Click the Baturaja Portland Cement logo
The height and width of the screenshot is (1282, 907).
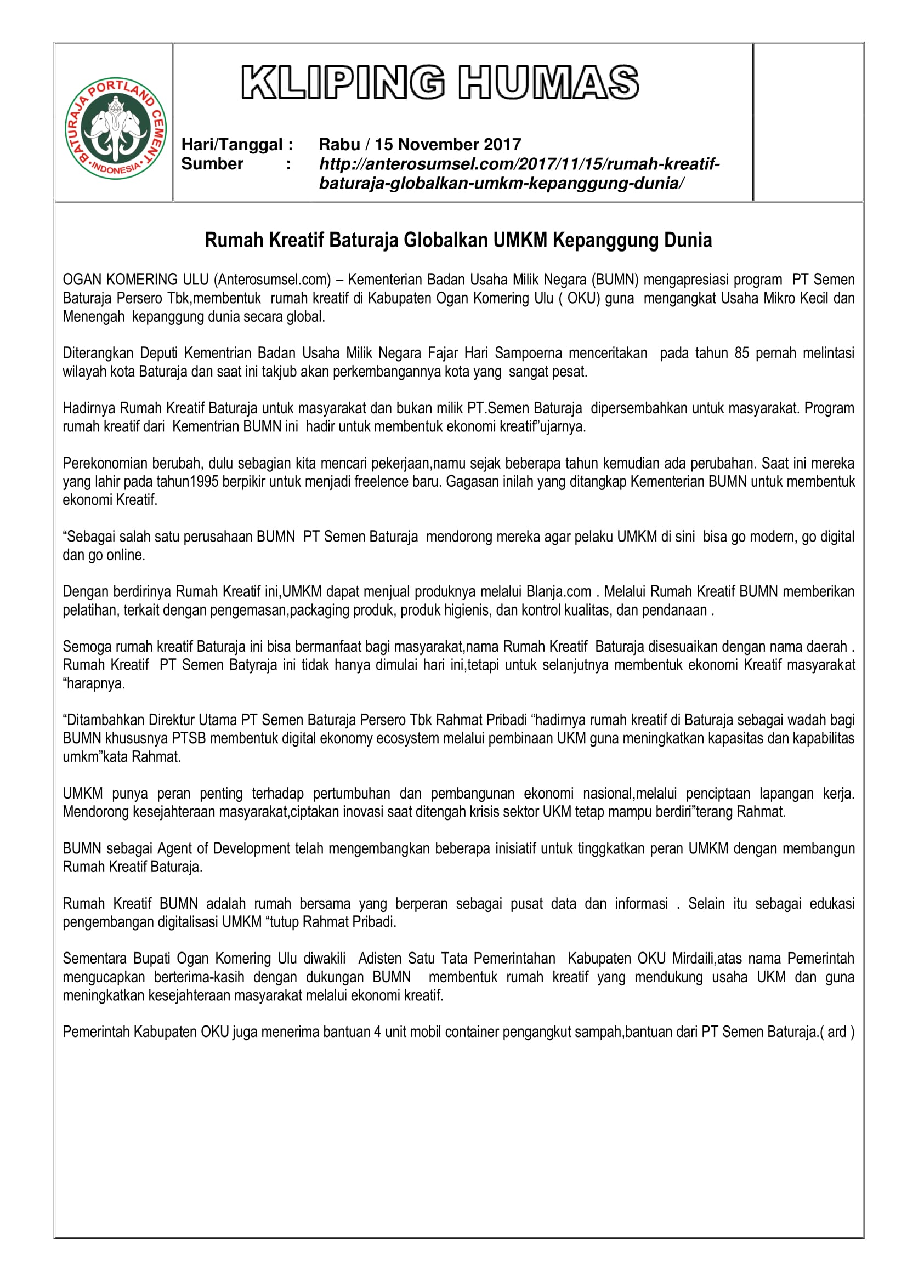[116, 128]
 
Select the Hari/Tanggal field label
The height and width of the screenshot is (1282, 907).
[237, 145]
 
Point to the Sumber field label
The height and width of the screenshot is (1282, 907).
[212, 163]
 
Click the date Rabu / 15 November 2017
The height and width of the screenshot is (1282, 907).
[420, 145]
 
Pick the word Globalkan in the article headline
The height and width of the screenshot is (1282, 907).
[445, 240]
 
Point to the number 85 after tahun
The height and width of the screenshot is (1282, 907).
[742, 354]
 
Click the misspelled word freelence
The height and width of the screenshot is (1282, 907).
[345, 482]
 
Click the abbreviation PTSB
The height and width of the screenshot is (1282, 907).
[189, 738]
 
